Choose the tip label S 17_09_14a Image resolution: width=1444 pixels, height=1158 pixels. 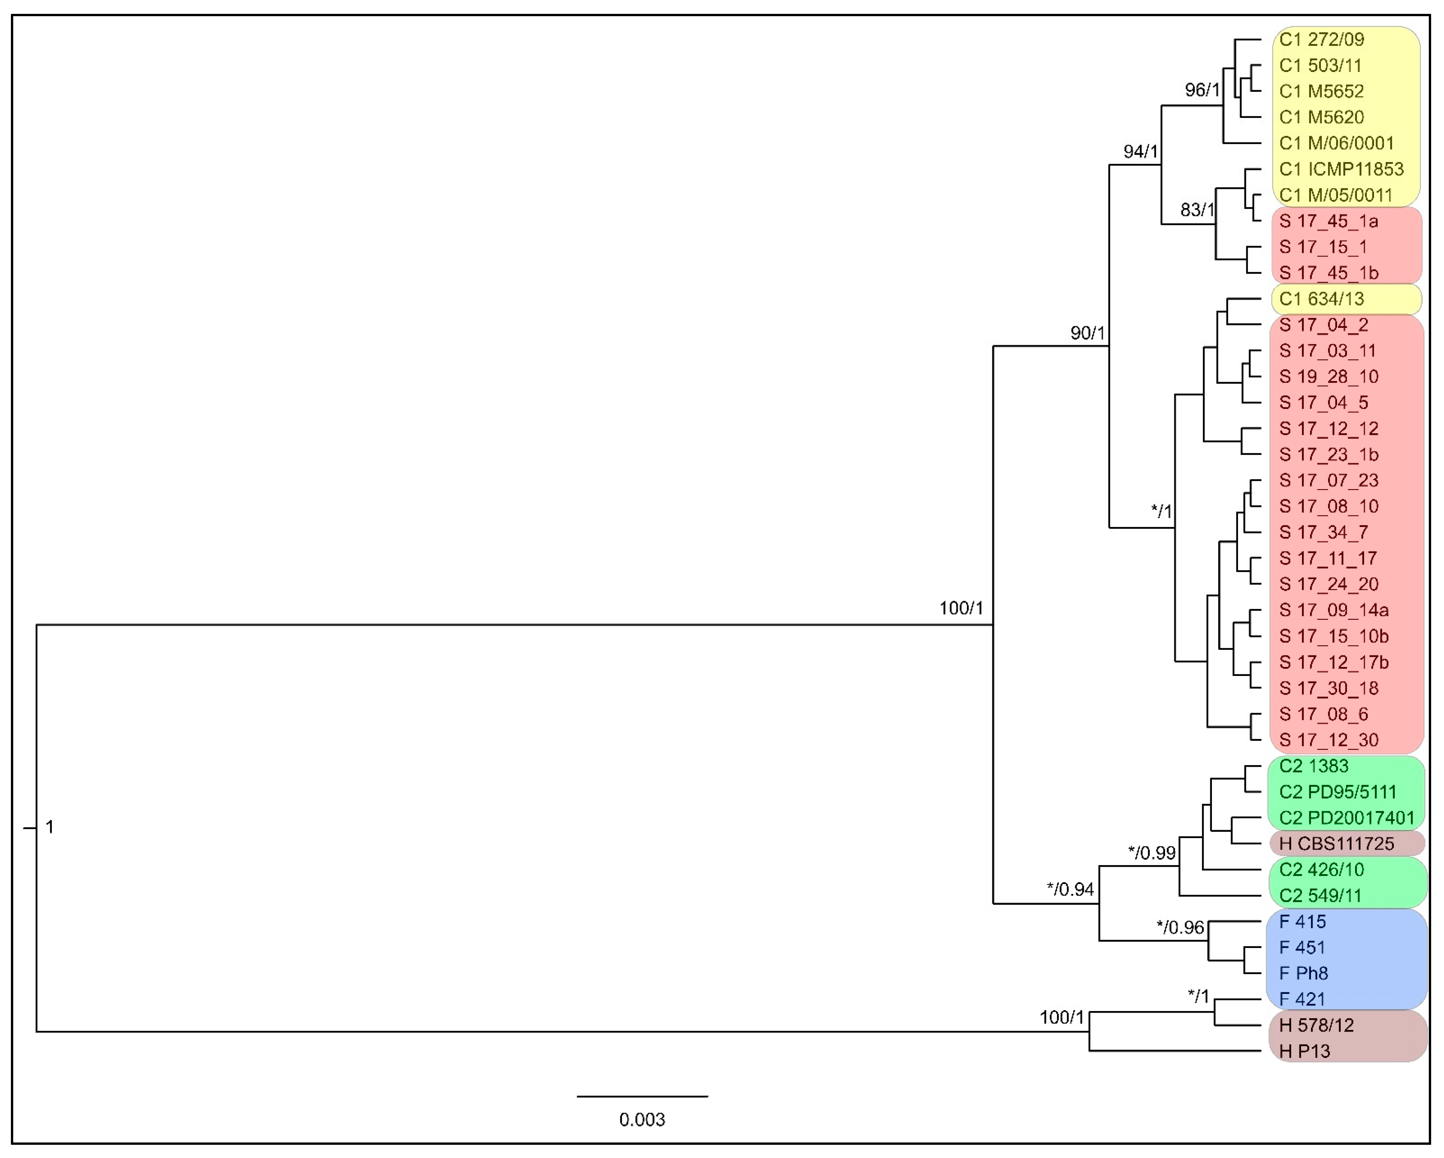point(1333,610)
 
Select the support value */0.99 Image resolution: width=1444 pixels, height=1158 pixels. point(1151,853)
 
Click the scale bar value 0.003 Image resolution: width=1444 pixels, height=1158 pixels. point(642,1119)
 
